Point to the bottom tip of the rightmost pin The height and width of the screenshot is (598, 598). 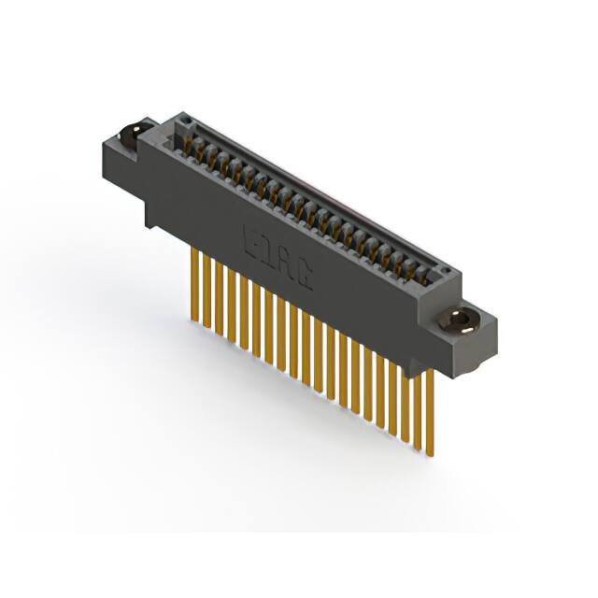coord(430,454)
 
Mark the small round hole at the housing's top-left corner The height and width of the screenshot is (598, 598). coord(187,121)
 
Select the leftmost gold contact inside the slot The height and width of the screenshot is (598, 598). coord(187,143)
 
